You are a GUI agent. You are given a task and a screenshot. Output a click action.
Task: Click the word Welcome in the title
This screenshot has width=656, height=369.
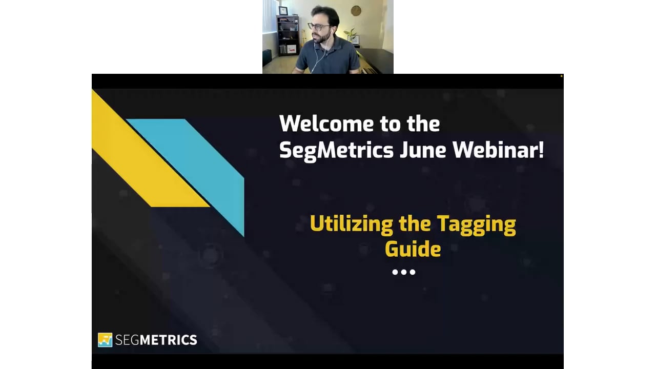326,124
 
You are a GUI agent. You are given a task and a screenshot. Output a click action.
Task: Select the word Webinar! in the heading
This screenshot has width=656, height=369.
498,150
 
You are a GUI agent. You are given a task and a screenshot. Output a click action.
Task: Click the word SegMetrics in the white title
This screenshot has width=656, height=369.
336,151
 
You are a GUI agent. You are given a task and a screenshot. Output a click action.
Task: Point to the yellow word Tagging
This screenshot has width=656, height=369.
476,225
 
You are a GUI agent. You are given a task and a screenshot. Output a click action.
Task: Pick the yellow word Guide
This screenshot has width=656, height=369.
413,249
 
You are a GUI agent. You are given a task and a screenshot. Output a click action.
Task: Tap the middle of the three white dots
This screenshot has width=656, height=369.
404,272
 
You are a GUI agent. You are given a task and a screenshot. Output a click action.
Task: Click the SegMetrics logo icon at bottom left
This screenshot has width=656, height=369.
105,340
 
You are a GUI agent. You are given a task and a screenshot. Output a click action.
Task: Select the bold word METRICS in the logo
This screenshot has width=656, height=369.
169,340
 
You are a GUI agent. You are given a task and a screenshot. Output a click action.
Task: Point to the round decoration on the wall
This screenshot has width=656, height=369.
356,11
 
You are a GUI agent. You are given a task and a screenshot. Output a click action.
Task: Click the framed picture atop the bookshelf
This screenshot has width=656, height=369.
282,11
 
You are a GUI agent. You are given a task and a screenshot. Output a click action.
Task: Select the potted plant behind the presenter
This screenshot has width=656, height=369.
351,33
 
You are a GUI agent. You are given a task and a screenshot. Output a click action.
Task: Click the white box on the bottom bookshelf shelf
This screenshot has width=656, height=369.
291,49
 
